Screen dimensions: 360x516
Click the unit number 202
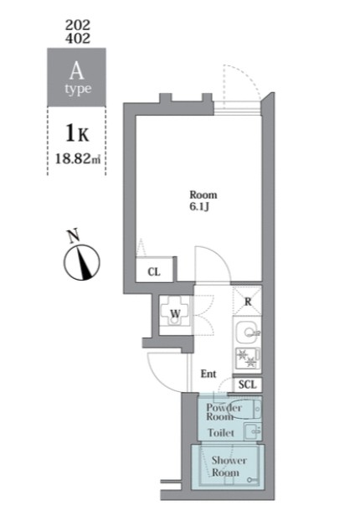coord(78,25)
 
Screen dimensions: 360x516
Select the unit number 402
coord(78,39)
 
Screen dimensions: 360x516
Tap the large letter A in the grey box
coord(76,70)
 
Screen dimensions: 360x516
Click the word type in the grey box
coord(78,89)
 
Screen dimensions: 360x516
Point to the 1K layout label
coord(78,134)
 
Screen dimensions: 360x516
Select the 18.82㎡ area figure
coord(78,159)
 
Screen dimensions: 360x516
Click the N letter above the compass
coord(74,235)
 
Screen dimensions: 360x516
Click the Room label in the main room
coord(203,195)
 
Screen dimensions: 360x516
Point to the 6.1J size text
coord(199,208)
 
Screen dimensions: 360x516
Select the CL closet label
coord(154,271)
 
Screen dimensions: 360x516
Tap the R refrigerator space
coord(248,302)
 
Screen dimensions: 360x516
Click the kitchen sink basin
coord(247,333)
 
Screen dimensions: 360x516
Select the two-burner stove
coord(248,359)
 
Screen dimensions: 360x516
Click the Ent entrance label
coord(208,374)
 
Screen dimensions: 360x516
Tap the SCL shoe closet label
coord(247,384)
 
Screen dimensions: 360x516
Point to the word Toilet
coord(221,433)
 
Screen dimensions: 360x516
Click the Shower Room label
coord(229,467)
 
